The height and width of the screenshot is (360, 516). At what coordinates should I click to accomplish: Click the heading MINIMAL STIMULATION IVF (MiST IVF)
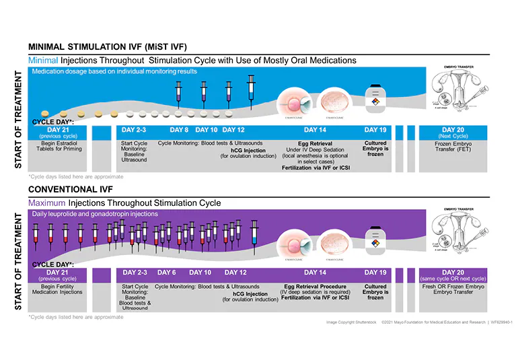point(107,47)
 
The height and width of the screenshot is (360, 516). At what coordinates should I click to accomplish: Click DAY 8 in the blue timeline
point(179,130)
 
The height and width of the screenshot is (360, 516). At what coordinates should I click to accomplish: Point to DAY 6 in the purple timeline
point(166,273)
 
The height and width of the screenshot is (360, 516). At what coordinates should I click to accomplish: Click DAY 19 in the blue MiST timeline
point(375,130)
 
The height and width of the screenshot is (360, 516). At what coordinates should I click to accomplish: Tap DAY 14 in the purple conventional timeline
point(315,273)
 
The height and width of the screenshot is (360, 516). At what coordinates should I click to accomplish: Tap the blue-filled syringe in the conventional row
point(254,235)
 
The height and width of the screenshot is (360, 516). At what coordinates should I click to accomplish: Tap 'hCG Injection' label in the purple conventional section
point(250,293)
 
